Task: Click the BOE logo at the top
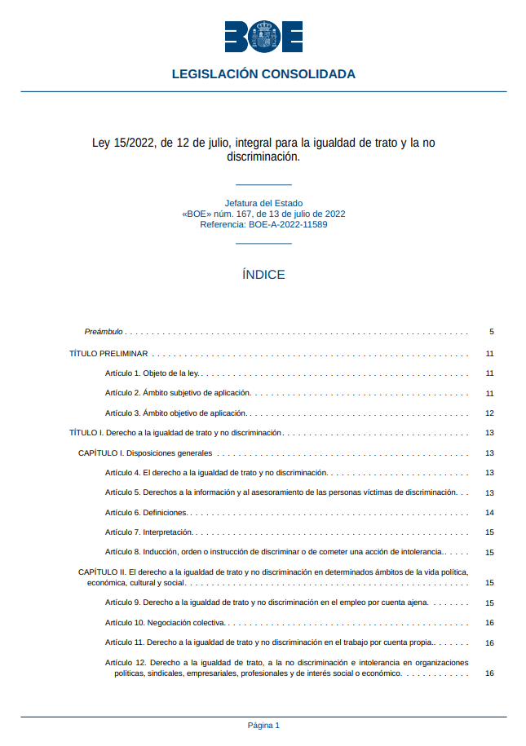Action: point(263,37)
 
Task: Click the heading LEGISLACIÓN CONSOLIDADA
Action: point(263,74)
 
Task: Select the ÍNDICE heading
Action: point(263,275)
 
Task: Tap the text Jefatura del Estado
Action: point(263,203)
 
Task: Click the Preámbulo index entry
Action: point(104,332)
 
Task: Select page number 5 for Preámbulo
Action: point(492,332)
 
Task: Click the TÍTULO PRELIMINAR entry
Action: point(108,354)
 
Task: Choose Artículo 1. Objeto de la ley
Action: point(152,373)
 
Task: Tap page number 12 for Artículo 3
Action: point(490,413)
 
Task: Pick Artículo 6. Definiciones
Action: point(146,513)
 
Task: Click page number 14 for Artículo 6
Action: point(490,513)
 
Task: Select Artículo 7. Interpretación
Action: point(148,532)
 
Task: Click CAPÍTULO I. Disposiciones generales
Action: point(145,453)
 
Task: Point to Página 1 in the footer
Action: point(263,725)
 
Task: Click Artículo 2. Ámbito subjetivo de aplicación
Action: point(178,393)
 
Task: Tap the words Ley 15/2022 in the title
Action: point(122,143)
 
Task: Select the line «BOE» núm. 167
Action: point(263,214)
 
